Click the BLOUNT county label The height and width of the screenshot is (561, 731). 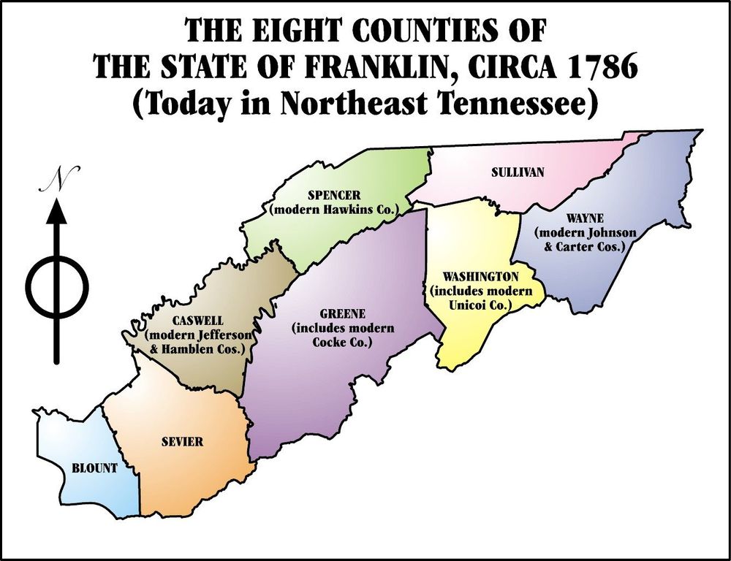[x=94, y=469]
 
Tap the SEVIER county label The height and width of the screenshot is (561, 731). [x=182, y=442]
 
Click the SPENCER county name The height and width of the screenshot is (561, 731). [x=334, y=196]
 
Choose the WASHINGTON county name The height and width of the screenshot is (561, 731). [x=480, y=277]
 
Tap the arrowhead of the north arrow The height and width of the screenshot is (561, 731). [x=58, y=211]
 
